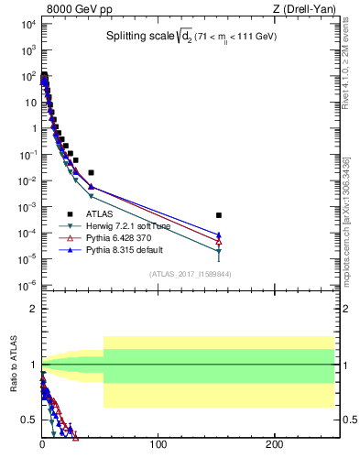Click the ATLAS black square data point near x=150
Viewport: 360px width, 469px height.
pyautogui.click(x=218, y=215)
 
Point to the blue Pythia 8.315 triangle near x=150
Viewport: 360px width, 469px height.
pyautogui.click(x=218, y=234)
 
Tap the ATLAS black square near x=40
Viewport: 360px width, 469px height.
pyautogui.click(x=91, y=172)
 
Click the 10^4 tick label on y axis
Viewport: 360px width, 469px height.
pyautogui.click(x=27, y=25)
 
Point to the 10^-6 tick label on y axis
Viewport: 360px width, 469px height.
pyautogui.click(x=27, y=285)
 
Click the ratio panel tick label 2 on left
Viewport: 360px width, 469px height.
pyautogui.click(x=32, y=309)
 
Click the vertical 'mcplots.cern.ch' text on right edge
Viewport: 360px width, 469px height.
pyautogui.click(x=351, y=233)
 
